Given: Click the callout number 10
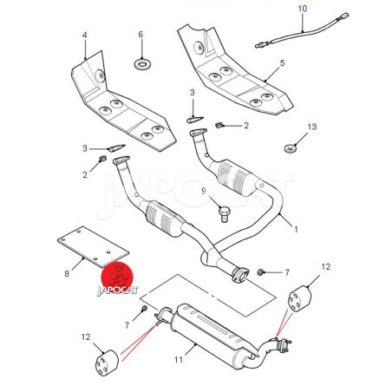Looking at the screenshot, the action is pyautogui.click(x=303, y=9).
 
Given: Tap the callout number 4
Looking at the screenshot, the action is pyautogui.click(x=84, y=35).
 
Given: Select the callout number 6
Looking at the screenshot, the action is pyautogui.click(x=140, y=35).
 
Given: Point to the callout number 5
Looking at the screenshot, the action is pyautogui.click(x=282, y=62).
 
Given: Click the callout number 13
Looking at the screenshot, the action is pyautogui.click(x=312, y=127).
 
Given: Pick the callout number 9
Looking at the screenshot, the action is pyautogui.click(x=204, y=191).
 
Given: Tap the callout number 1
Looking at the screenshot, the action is pyautogui.click(x=296, y=230).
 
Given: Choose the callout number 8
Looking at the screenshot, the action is pyautogui.click(x=67, y=273).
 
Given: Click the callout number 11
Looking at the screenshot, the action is pyautogui.click(x=179, y=360).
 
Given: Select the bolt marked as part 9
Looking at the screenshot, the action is pyautogui.click(x=224, y=213).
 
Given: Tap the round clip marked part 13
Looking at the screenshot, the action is pyautogui.click(x=291, y=148).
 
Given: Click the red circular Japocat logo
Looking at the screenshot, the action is pyautogui.click(x=116, y=278).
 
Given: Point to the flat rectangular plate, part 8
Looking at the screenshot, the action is pyautogui.click(x=93, y=246).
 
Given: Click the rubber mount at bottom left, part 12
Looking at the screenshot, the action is pyautogui.click(x=107, y=363).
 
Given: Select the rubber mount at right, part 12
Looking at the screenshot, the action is pyautogui.click(x=300, y=298).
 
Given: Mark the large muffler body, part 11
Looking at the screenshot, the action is pyautogui.click(x=212, y=335).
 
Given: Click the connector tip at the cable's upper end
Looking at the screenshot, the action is pyautogui.click(x=344, y=15).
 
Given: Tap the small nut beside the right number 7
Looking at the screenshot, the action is pyautogui.click(x=260, y=271).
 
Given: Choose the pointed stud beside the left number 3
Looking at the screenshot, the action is pyautogui.click(x=116, y=148).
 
